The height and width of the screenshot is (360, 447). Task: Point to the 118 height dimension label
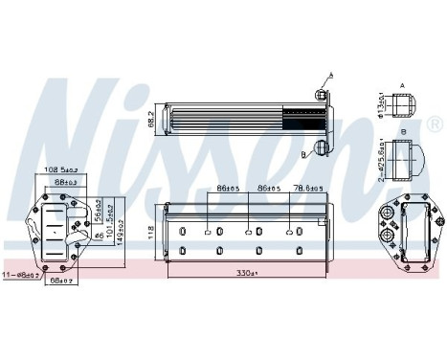(149, 230)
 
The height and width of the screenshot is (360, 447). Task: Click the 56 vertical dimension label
(99, 215)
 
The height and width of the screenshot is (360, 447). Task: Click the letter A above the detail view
(403, 84)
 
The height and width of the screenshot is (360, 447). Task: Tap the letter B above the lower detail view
(403, 130)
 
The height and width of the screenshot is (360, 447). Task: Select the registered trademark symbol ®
(435, 124)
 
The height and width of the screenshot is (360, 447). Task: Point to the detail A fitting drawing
(403, 104)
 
